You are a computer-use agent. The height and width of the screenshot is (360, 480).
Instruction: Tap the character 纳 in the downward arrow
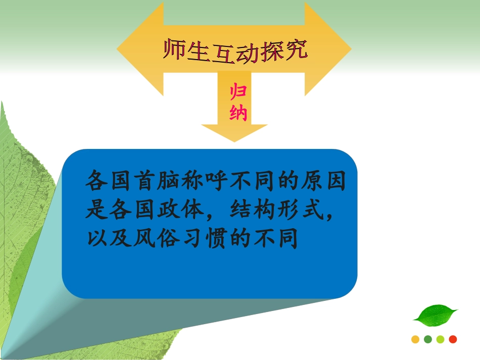click(x=238, y=113)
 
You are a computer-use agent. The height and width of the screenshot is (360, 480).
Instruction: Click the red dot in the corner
click(x=453, y=339)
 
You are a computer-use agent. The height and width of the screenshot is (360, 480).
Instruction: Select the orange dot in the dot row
click(x=415, y=339)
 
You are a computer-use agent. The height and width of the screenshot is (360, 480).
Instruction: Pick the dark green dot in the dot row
click(x=428, y=339)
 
